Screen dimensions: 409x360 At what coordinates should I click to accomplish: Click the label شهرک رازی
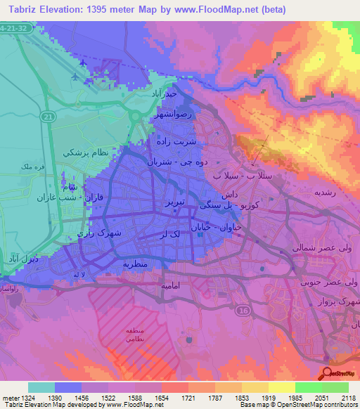tap(95, 232)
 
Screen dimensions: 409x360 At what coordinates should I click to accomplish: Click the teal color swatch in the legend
tap(41, 387)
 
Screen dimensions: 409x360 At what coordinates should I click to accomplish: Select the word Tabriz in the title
tap(21, 8)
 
